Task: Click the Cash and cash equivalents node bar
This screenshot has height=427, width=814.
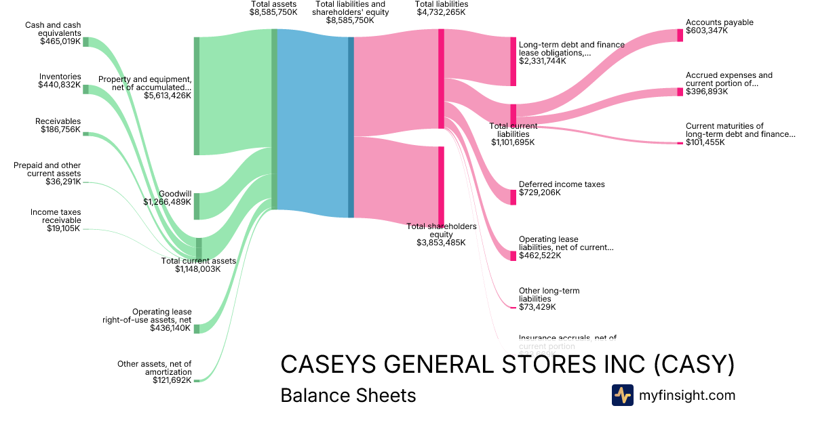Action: [85, 41]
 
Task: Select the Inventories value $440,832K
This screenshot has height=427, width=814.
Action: [60, 85]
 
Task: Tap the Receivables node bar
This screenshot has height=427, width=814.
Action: [85, 134]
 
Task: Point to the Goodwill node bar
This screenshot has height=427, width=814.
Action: [197, 206]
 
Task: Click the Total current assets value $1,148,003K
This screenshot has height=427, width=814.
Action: [198, 269]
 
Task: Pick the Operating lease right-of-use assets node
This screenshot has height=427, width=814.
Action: [197, 329]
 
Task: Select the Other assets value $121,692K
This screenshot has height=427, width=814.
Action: [172, 380]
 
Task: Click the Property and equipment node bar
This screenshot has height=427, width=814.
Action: [197, 96]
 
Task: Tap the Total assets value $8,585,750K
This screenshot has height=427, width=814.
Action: [273, 12]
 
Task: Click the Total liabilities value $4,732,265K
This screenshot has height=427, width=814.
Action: [441, 12]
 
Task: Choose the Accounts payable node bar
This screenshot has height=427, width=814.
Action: [680, 35]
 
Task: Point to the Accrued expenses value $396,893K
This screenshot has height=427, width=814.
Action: [707, 91]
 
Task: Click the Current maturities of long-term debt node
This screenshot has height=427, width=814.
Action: [680, 143]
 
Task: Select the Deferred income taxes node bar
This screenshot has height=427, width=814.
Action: [513, 197]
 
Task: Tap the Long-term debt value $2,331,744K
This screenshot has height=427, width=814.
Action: [543, 60]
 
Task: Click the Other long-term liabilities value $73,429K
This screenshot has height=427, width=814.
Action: [537, 307]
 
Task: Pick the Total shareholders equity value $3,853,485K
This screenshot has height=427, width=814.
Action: [441, 242]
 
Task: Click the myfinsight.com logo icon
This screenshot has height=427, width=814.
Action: [622, 395]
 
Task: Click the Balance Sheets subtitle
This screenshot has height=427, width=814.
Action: [348, 395]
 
